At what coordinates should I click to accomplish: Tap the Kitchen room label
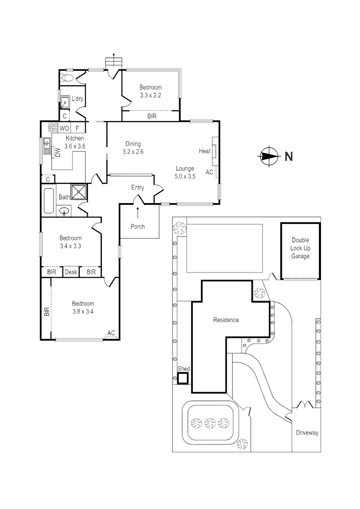point(75,138)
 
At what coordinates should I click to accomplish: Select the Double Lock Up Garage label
point(300,248)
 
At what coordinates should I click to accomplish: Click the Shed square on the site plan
point(183,378)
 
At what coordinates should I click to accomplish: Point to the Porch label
point(138,227)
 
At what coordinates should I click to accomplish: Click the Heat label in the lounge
point(205,151)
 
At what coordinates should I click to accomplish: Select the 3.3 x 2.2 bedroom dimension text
point(151,95)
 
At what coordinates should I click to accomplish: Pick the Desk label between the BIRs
point(71,272)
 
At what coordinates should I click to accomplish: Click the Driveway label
point(307,433)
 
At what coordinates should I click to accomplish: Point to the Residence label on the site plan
point(226,320)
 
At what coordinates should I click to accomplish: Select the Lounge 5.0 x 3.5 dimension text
point(185,176)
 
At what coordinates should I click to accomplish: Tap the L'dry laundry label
point(77,99)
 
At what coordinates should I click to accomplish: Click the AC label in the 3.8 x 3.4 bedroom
point(111,333)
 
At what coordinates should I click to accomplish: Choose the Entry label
point(138,188)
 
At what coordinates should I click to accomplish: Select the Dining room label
point(133,144)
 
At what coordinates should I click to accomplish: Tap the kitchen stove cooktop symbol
point(52,127)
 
